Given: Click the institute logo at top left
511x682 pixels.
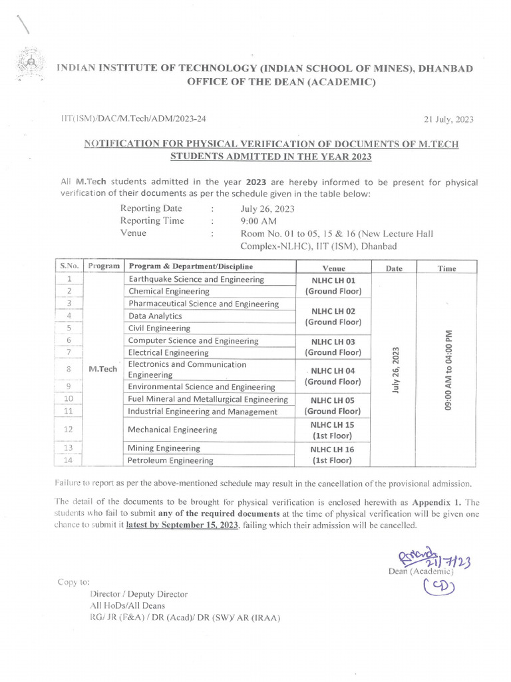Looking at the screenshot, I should click(29, 65).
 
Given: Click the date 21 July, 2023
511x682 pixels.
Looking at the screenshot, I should click(448, 119).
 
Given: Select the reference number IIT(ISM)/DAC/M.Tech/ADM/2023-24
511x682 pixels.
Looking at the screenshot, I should click(133, 119).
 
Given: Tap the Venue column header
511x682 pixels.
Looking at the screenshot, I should click(333, 267).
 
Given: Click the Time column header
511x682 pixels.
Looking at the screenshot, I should click(446, 268).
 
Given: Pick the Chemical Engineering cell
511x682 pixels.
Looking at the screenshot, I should click(168, 292).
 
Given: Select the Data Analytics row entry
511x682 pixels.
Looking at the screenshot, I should click(154, 316).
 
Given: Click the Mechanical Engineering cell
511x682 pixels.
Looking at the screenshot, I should click(172, 430).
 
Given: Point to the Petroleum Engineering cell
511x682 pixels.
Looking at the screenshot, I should click(170, 460).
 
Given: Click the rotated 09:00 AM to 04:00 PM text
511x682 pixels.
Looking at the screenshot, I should click(448, 370).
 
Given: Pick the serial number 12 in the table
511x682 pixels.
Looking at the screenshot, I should click(69, 430).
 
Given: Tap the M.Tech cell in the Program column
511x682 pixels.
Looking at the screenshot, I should click(102, 368).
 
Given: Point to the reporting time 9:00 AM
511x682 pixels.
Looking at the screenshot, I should click(259, 221).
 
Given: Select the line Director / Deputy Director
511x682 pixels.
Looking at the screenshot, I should click(138, 594).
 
